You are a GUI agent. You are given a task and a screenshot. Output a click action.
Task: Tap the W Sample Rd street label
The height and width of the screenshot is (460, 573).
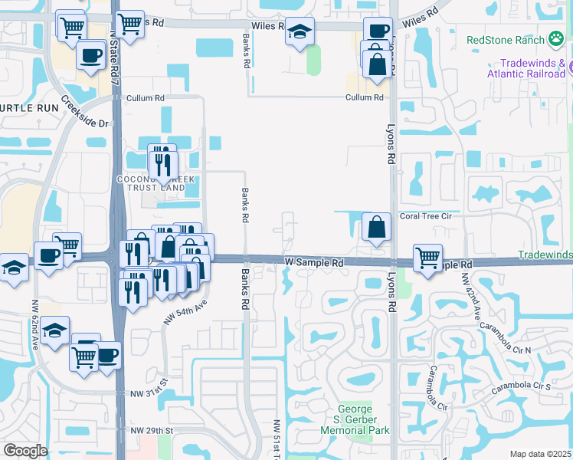[x=314, y=262]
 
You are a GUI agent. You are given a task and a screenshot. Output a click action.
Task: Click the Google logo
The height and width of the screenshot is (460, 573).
[x=25, y=451]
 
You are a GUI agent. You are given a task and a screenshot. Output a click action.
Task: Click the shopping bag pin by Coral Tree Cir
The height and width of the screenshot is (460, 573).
[x=376, y=228]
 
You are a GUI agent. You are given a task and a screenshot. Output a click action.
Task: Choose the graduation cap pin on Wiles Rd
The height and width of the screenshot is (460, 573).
[x=300, y=31]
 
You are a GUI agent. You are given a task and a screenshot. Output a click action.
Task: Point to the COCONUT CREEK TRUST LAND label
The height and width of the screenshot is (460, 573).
[x=152, y=183]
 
